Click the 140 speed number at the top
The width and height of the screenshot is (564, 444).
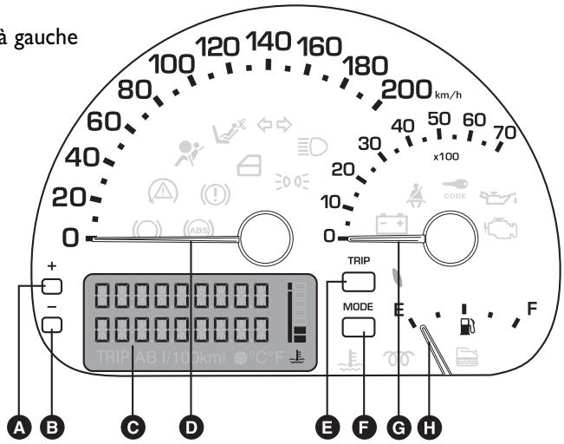point(270,41)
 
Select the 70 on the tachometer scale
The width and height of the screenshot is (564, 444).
point(502,132)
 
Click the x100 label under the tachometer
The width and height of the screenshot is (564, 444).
point(446,156)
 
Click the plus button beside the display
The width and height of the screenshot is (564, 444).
point(53,287)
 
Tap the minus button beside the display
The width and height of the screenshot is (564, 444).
point(53,325)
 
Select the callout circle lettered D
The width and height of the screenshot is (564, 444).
point(191,425)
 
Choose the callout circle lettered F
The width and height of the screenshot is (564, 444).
point(365,425)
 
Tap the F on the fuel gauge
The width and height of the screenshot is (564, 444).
point(532,308)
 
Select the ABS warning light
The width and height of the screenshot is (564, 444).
point(198,230)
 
